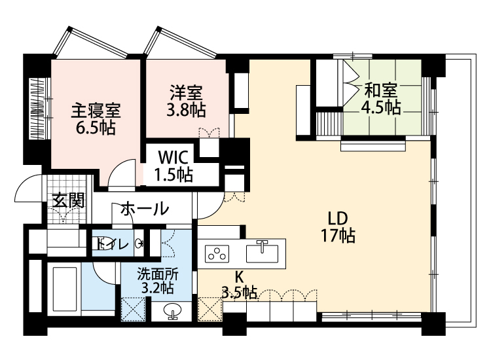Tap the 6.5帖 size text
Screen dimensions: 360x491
coord(96,128)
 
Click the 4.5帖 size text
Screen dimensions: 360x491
coord(380,107)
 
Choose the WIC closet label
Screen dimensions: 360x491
coord(173,158)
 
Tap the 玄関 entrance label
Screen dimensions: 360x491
coord(69,200)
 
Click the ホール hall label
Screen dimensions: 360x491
coord(145,209)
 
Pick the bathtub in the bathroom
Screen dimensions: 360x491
coord(65,291)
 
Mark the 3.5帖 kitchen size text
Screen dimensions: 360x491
coord(239,293)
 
